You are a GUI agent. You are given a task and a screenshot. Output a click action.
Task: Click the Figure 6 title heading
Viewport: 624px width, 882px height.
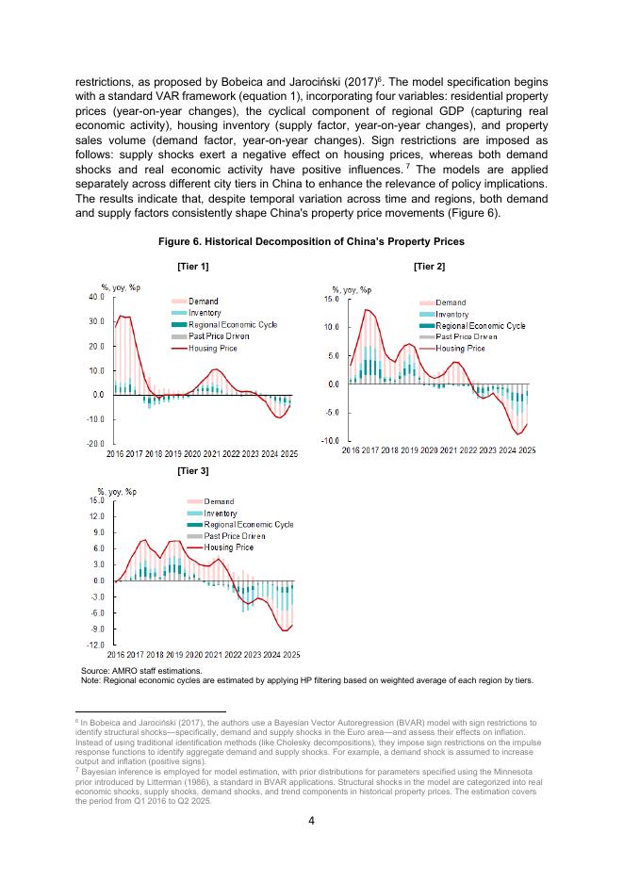point(311,242)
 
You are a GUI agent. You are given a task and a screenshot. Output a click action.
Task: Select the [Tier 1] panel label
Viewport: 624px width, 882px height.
point(193,267)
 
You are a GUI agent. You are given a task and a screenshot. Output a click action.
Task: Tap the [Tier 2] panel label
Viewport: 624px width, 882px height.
point(429,267)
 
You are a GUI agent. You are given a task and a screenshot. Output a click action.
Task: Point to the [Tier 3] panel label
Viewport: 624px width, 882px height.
point(193,469)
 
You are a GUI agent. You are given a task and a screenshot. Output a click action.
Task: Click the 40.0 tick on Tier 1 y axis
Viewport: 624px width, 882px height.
point(97,297)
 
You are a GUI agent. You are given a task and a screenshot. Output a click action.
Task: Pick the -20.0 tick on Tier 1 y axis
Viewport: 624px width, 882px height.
point(96,443)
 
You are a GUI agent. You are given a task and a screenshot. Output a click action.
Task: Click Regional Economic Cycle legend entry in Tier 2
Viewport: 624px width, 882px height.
point(480,325)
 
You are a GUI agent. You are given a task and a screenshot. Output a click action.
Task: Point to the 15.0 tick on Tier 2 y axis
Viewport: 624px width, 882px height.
point(331,299)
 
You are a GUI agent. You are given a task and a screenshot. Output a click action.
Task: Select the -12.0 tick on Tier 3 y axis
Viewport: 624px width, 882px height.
point(96,645)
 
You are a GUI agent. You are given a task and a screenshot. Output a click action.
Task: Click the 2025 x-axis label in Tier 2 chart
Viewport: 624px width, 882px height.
point(527,450)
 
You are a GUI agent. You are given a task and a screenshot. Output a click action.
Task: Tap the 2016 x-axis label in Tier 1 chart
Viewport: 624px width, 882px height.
point(115,454)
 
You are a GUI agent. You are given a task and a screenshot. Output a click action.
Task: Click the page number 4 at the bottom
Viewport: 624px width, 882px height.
point(312,820)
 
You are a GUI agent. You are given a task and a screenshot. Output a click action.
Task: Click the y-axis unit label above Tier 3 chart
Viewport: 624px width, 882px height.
point(118,492)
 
